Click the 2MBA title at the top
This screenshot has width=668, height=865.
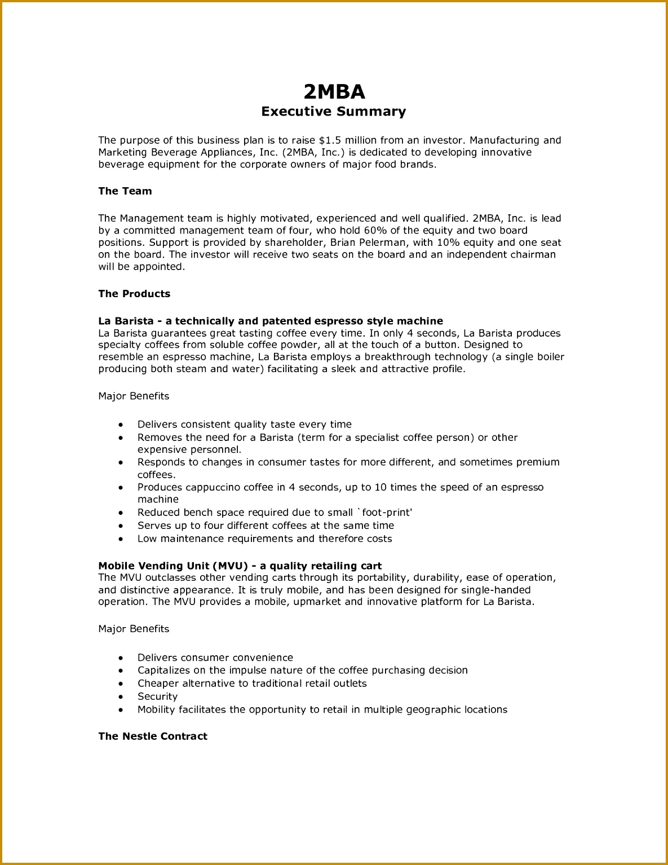pos(334,91)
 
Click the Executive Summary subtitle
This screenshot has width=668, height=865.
pos(333,112)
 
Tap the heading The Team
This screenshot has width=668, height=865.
pos(125,191)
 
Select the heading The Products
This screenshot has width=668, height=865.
pos(134,294)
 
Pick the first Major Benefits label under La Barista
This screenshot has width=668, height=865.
pos(134,396)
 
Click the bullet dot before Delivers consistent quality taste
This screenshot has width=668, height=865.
pos(121,425)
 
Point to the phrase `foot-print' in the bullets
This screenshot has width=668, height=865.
pos(385,513)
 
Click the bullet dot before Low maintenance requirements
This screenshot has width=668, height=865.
pos(121,539)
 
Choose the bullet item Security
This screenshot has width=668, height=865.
pos(157,696)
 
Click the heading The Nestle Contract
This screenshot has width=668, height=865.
pos(153,736)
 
